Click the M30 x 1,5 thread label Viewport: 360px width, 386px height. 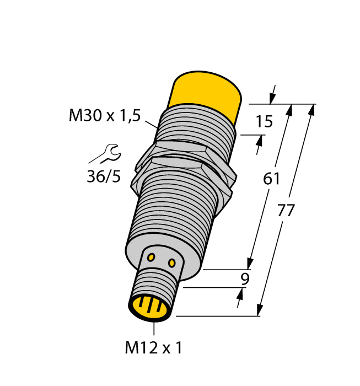(105, 116)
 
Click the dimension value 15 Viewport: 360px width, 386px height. (265, 121)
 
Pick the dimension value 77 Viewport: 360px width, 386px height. (287, 211)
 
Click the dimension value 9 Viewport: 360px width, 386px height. (244, 279)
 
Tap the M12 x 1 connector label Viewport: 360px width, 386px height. (153, 348)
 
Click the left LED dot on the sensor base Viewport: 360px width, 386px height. (152, 256)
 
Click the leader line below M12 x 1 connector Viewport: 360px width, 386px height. (154, 329)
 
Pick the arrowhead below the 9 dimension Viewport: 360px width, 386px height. (240, 301)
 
